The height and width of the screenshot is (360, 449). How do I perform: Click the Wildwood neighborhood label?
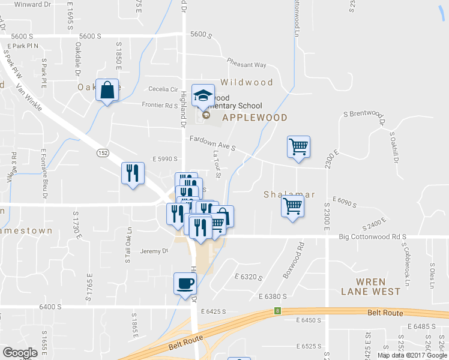(246, 82)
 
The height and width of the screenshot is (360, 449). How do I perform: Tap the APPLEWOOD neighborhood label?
(255, 118)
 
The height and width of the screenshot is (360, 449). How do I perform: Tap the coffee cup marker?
(185, 283)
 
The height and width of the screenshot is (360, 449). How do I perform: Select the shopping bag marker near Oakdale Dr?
(107, 91)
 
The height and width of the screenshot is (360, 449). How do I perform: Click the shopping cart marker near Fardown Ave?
(298, 146)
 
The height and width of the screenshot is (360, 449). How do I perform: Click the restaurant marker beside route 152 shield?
(132, 173)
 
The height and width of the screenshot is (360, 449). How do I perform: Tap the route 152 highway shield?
(104, 154)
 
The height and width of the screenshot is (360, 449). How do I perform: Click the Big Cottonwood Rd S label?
(373, 237)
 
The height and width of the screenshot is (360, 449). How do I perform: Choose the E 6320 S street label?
(248, 277)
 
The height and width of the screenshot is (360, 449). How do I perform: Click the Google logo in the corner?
(20, 352)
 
